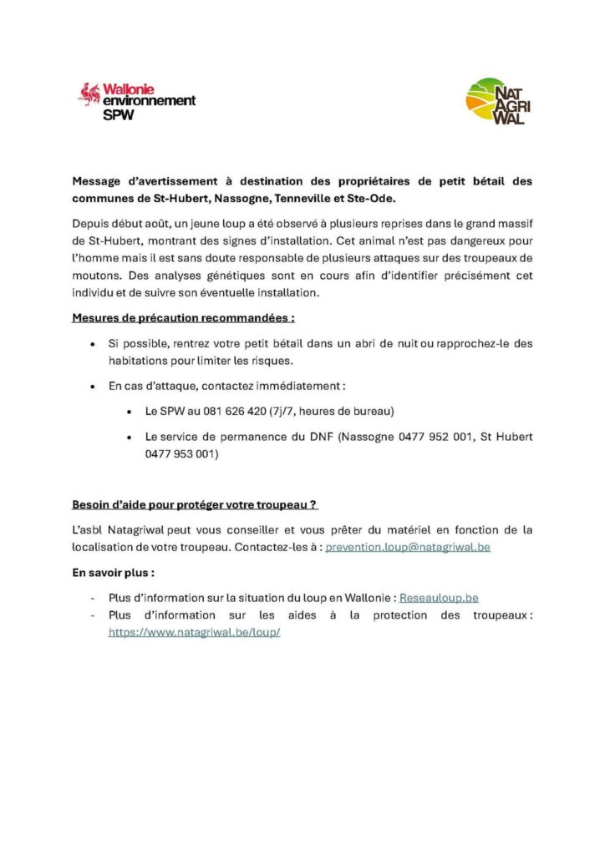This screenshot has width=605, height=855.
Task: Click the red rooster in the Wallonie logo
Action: pyautogui.click(x=89, y=93)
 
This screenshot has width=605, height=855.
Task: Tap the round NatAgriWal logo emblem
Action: pyautogui.click(x=486, y=100)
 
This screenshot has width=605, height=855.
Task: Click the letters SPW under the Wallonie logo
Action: pyautogui.click(x=117, y=115)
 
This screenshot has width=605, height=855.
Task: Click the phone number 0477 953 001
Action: pyautogui.click(x=181, y=454)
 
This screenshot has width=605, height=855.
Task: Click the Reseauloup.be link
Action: pyautogui.click(x=439, y=598)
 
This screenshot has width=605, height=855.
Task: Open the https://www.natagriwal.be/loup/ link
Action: pyautogui.click(x=194, y=632)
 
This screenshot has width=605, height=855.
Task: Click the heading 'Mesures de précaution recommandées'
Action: pyautogui.click(x=183, y=318)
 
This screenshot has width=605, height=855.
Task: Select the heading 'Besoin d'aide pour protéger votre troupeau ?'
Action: pyautogui.click(x=195, y=505)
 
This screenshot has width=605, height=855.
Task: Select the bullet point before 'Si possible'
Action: pyautogui.click(x=92, y=344)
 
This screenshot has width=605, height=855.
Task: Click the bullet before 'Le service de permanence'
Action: pyautogui.click(x=129, y=438)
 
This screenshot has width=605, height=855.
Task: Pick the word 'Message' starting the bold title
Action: pyautogui.click(x=98, y=181)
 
